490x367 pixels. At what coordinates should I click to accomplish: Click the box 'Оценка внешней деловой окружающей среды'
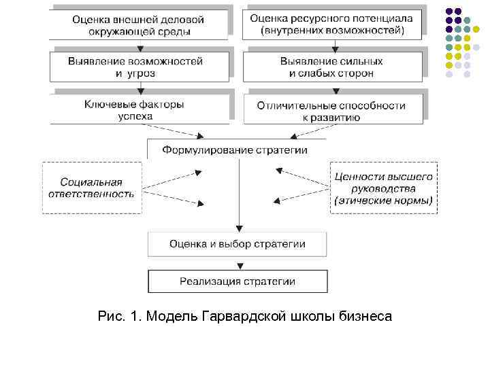pos(139,24)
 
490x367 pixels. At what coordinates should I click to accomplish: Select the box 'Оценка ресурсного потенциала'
pos(332,24)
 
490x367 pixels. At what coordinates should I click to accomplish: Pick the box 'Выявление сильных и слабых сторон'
pos(332,66)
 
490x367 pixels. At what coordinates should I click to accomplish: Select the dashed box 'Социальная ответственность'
pos(92,188)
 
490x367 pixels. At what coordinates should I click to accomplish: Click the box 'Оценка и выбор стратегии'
pos(237,244)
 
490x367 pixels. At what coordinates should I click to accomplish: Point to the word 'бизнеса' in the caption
pos(364,317)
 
